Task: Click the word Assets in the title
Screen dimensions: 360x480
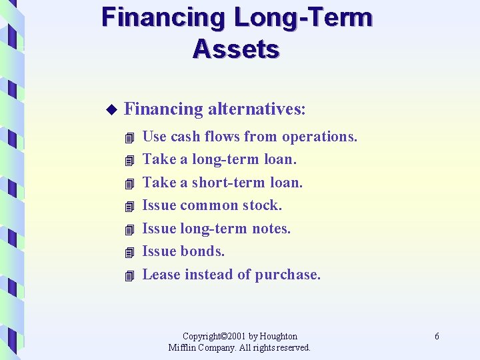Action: [236, 49]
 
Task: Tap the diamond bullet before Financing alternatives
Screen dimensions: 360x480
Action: [111, 109]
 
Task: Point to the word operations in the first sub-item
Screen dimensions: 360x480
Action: [319, 137]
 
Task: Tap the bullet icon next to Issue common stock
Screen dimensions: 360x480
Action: [129, 207]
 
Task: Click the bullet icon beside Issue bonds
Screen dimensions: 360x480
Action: [129, 253]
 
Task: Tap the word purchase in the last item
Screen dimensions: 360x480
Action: [288, 275]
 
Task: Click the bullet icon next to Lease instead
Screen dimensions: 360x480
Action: [129, 275]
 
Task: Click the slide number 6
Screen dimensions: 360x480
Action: [437, 337]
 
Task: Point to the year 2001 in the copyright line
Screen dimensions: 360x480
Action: [235, 336]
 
